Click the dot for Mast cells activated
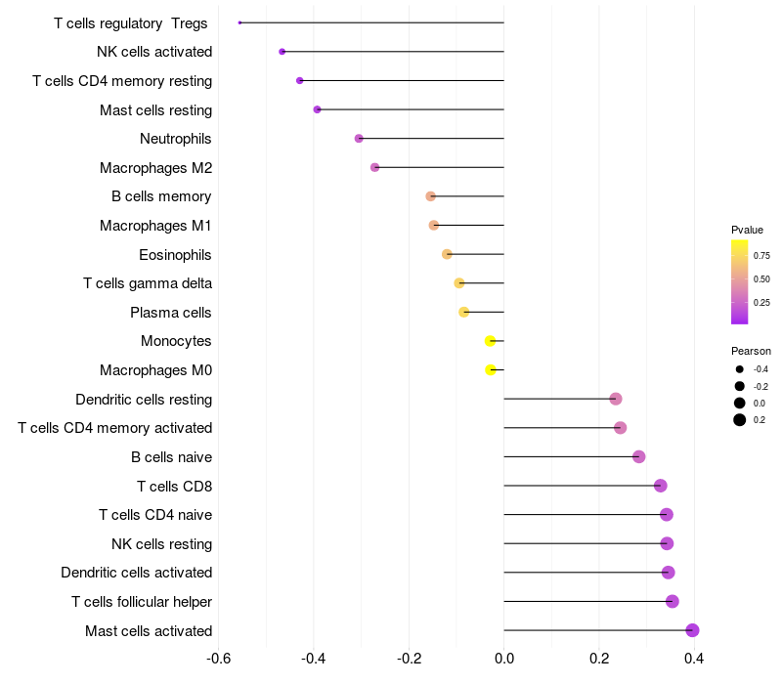[692, 630]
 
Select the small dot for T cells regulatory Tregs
[239, 22]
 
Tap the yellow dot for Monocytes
[491, 341]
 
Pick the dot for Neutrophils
[359, 138]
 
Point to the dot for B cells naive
[639, 456]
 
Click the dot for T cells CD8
[661, 486]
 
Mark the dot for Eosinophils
[447, 254]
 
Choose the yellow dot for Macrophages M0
[491, 370]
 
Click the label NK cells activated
[154, 52]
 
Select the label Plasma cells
[170, 313]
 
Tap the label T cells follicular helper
[142, 602]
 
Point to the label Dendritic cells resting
[144, 400]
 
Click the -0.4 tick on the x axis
[313, 659]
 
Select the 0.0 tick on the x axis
[504, 659]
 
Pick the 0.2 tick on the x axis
[599, 659]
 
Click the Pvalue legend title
[747, 230]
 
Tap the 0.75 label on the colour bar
[761, 256]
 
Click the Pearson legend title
[751, 351]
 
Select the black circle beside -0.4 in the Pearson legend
[739, 369]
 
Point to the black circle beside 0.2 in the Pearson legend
[739, 420]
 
